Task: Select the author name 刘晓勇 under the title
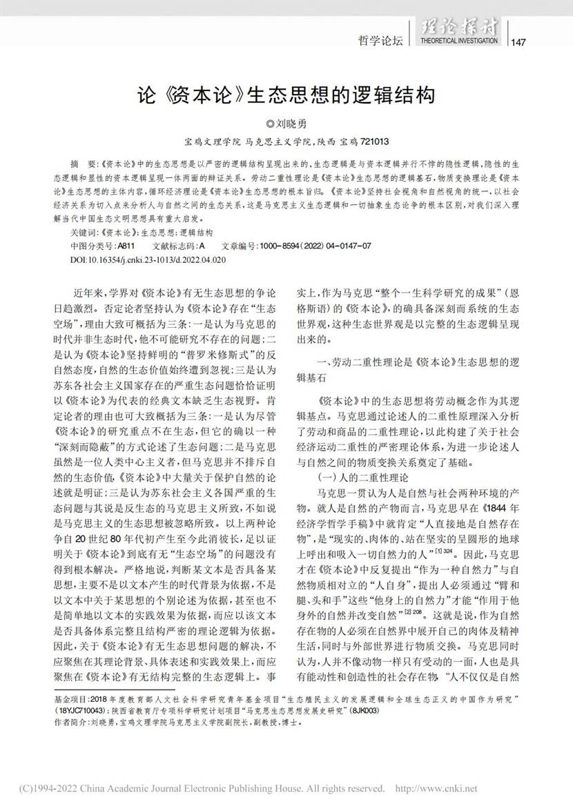coord(290,126)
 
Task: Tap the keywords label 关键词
coord(86,233)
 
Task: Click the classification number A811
coord(126,245)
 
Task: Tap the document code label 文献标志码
coord(177,245)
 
